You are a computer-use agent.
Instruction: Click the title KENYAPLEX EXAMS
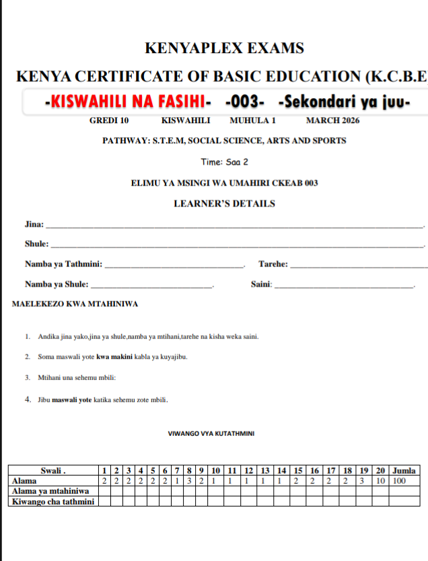point(224,48)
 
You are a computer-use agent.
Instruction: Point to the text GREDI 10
point(108,121)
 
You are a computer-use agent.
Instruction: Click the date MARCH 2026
point(332,121)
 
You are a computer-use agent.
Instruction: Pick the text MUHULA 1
point(252,121)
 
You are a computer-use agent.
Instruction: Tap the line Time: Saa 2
point(224,162)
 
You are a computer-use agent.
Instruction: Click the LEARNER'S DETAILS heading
point(224,204)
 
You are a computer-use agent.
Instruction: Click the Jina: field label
point(34,224)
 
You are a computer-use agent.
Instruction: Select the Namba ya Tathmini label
point(63,264)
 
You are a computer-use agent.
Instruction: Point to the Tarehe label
point(273,264)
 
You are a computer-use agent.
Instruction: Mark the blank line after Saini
point(345,286)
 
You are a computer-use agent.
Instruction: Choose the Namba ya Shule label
point(57,285)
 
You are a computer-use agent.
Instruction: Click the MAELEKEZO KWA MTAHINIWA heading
point(75,304)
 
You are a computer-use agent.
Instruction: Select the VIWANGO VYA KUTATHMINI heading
point(211,434)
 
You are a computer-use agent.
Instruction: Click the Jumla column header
point(404,470)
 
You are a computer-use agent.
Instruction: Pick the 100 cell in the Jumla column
point(399,480)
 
